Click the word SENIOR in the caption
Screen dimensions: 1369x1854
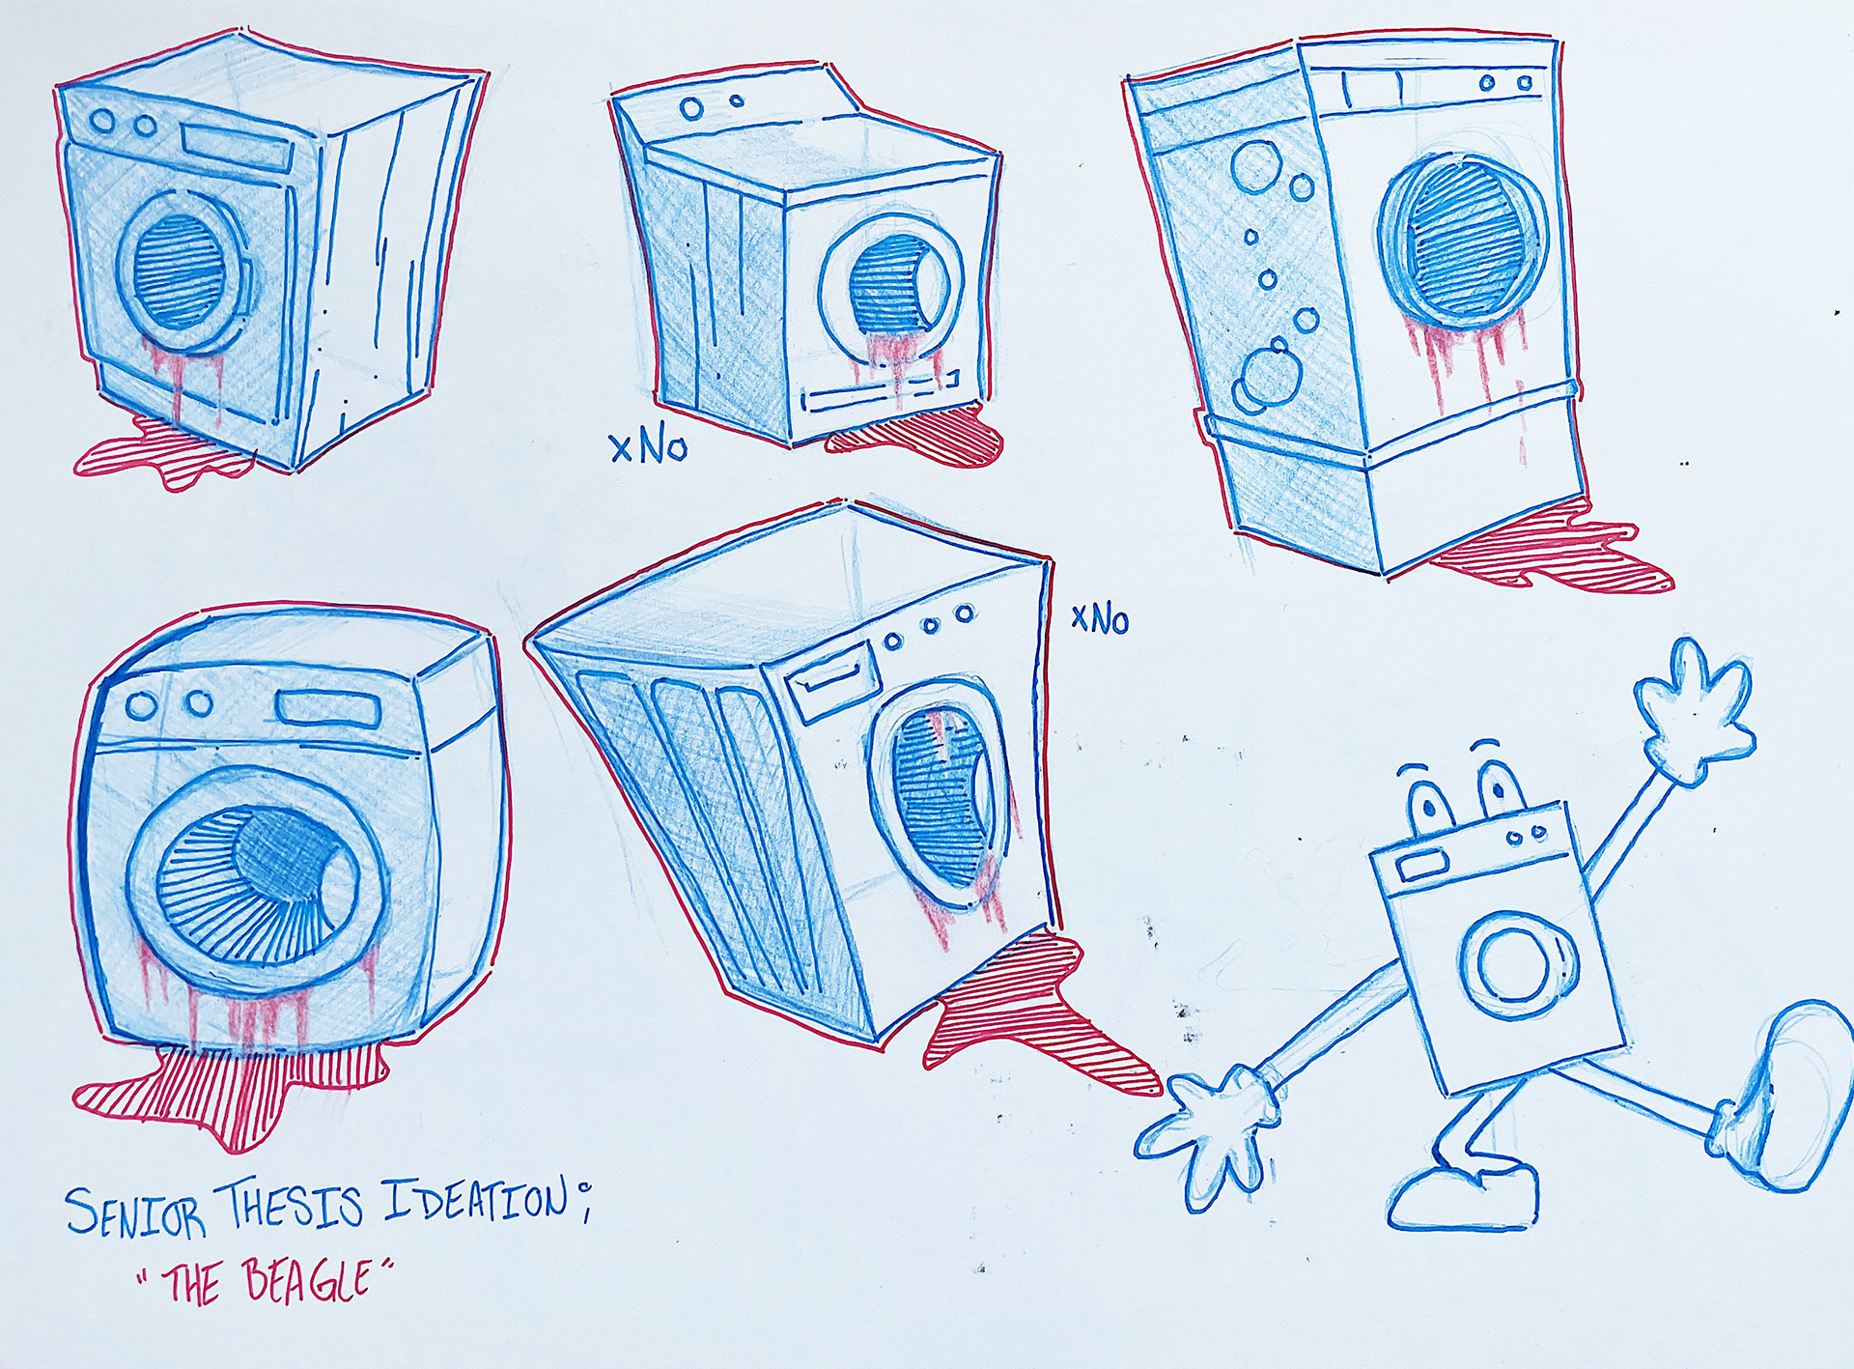[135, 1212]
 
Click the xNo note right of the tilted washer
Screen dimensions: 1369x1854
[1100, 618]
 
